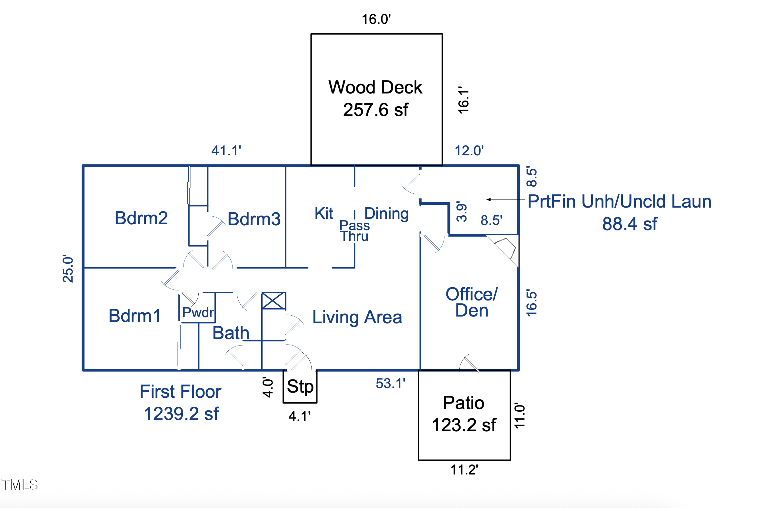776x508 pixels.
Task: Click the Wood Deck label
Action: (375, 87)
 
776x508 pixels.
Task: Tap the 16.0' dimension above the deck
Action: (376, 19)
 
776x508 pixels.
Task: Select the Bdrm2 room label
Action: (141, 218)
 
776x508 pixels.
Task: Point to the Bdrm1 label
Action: (134, 316)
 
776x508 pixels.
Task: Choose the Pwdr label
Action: (198, 312)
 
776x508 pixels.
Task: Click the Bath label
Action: (231, 333)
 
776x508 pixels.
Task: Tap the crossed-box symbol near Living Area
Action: (274, 301)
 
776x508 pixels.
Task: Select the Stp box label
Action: (300, 386)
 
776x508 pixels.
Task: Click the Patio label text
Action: (463, 403)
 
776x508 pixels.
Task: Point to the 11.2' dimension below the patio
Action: (464, 470)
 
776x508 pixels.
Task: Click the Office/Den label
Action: (472, 302)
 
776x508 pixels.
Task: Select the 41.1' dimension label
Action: (226, 151)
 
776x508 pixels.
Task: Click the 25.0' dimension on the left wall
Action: (68, 269)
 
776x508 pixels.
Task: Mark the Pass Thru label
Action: (354, 231)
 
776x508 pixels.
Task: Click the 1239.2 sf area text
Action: (181, 414)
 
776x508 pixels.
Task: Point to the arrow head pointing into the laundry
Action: (488, 200)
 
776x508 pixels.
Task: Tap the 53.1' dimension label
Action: (390, 384)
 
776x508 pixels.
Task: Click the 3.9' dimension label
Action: (462, 212)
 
